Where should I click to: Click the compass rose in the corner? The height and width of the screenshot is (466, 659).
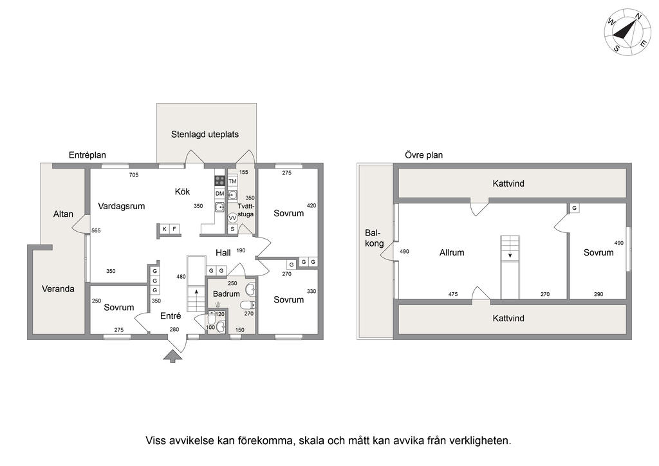[627, 32]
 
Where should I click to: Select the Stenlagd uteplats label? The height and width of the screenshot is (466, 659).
[205, 135]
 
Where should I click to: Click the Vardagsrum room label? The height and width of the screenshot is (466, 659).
[122, 206]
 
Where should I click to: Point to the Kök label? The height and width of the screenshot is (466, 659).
[182, 192]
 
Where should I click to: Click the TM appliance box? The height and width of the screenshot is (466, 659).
[232, 182]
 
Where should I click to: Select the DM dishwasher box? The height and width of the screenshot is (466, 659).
[219, 194]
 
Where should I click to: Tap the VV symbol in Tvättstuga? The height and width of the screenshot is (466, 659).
[232, 218]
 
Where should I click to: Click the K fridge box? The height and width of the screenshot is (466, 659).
[164, 229]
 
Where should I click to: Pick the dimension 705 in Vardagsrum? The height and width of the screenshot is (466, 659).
[134, 175]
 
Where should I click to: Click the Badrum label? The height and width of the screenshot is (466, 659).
[226, 294]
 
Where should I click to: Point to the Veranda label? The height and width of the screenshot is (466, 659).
[58, 288]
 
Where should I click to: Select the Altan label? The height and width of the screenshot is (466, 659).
[63, 214]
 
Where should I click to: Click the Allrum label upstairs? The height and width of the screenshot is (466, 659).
[452, 252]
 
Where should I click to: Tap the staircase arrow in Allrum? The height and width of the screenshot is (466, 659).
[510, 256]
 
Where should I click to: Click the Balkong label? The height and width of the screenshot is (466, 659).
[375, 238]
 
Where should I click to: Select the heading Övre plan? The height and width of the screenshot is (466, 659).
[423, 155]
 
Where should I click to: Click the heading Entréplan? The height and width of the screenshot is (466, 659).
[88, 155]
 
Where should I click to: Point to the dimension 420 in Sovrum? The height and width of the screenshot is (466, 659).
[311, 206]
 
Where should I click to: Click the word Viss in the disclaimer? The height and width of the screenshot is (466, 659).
[156, 441]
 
